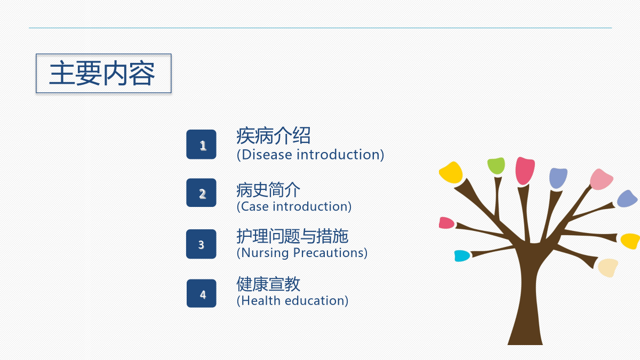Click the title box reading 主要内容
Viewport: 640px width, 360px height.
click(x=103, y=74)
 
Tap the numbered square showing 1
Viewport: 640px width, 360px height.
click(x=201, y=145)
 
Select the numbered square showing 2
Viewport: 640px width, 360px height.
click(x=201, y=193)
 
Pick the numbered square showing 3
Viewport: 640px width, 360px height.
click(x=201, y=244)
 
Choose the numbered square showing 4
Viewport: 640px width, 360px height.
click(x=202, y=293)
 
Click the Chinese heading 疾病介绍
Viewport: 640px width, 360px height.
click(x=274, y=135)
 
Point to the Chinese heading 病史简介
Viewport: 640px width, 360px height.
click(x=268, y=190)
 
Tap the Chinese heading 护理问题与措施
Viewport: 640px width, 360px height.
click(x=292, y=236)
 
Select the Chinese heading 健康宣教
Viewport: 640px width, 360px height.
click(x=268, y=284)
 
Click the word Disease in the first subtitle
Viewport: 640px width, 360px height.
click(x=267, y=155)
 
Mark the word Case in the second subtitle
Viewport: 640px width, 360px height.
click(x=255, y=206)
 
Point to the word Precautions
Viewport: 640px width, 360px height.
click(x=328, y=253)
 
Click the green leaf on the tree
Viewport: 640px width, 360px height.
click(x=496, y=165)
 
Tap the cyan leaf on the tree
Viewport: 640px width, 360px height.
click(x=462, y=255)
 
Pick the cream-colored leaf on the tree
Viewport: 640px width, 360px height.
click(x=608, y=268)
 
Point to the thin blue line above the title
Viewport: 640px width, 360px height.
click(x=321, y=28)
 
